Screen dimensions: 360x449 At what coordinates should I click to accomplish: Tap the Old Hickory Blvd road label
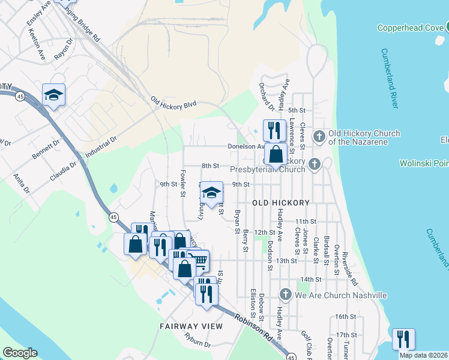click(173, 103)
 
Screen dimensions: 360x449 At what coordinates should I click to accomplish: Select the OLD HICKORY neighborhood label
click(281, 203)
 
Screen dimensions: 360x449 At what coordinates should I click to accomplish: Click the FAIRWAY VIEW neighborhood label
click(191, 326)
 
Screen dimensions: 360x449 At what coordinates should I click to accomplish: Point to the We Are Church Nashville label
click(340, 295)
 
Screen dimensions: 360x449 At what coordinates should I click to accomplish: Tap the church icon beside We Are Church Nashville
click(285, 295)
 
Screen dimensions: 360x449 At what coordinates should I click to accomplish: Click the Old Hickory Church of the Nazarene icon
click(319, 137)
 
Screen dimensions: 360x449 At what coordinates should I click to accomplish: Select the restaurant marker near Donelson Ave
click(274, 130)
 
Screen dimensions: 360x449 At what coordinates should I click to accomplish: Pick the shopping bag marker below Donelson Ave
click(275, 155)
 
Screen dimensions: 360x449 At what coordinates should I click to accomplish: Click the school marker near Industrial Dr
click(53, 95)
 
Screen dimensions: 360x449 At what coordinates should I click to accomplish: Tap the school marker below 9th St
click(211, 193)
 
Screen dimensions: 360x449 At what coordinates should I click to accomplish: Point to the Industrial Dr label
click(100, 147)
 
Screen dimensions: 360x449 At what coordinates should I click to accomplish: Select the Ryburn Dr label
click(197, 340)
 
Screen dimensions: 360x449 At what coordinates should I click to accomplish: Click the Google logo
click(20, 353)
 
